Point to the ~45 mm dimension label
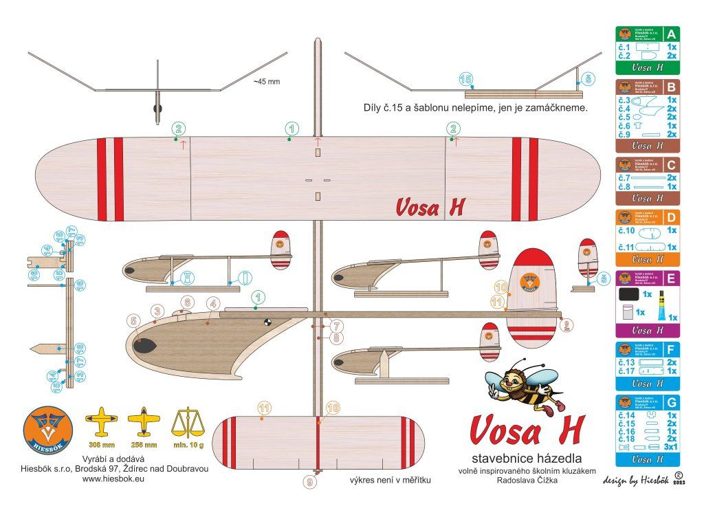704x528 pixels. point(267,81)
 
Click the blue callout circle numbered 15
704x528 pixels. point(466,80)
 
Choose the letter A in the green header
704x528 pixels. point(671,33)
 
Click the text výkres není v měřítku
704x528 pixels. point(390,480)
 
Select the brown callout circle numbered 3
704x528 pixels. point(157,311)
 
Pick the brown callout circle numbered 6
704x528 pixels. point(186,301)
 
